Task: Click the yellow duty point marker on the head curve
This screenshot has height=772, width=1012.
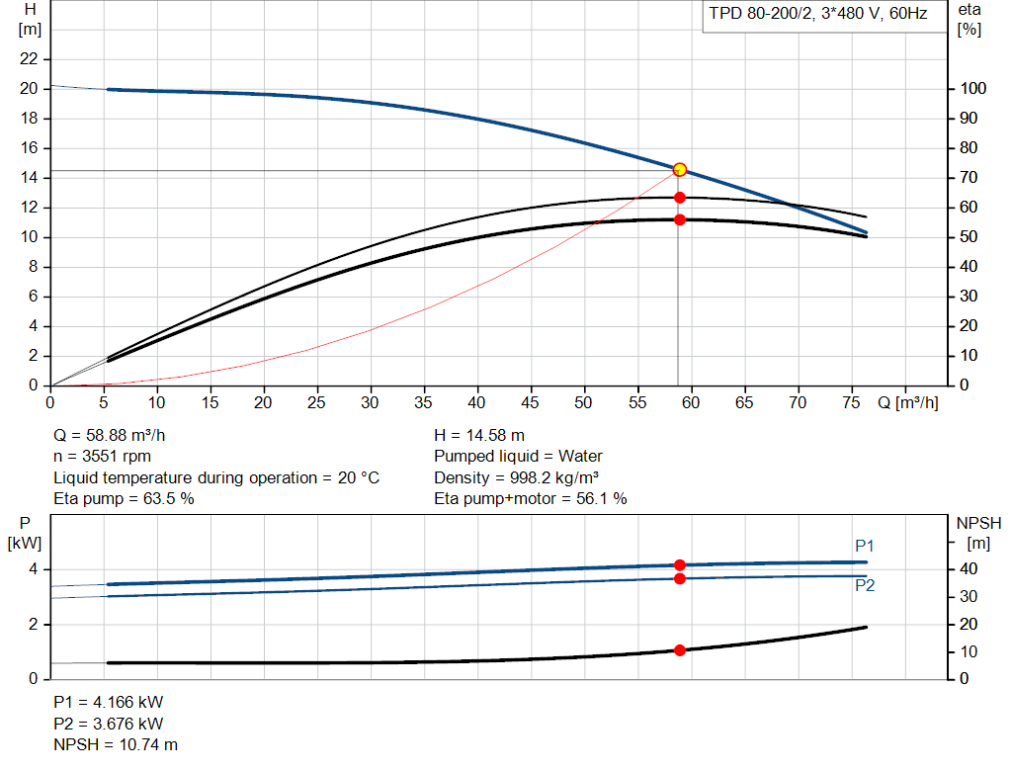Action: pos(680,170)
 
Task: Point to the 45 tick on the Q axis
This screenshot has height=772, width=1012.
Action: pos(532,402)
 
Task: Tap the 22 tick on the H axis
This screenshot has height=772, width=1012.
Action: pos(30,59)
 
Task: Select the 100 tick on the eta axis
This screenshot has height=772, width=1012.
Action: pos(972,89)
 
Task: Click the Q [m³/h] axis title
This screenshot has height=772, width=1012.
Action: pos(907,402)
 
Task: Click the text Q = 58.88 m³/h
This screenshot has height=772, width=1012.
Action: pos(117,435)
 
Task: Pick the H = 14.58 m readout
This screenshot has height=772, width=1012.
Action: pos(479,435)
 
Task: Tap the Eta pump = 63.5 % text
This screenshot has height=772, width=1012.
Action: pos(124,498)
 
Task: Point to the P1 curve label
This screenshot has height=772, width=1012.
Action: pos(865,546)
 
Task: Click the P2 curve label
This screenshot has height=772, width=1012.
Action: pos(865,585)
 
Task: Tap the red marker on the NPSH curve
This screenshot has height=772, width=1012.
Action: pos(680,650)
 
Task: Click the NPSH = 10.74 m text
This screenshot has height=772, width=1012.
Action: pos(116,744)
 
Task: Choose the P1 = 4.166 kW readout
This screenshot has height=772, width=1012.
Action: pos(109,702)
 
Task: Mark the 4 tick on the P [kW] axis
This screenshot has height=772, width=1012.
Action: pos(33,569)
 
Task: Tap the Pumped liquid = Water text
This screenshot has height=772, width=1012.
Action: pos(518,457)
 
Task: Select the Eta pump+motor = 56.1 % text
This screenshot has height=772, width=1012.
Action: pos(531,498)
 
